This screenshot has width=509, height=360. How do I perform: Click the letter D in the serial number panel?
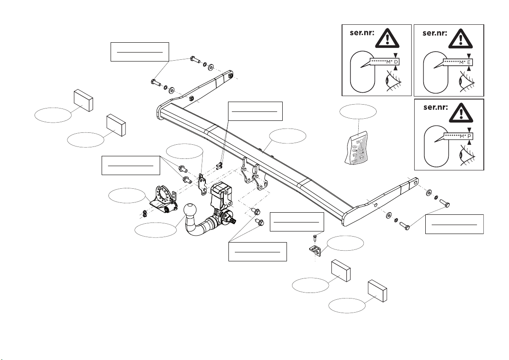[396, 63]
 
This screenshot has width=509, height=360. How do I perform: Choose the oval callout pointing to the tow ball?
[155, 230]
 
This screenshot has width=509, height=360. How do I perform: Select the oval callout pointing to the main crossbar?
[288, 136]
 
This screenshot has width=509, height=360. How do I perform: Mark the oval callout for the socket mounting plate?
[127, 196]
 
